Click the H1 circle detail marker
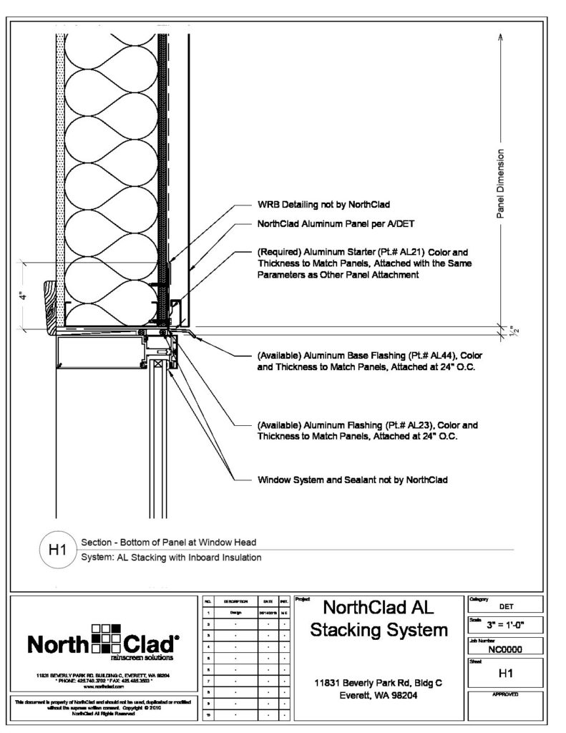click(57, 550)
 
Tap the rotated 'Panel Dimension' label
click(502, 183)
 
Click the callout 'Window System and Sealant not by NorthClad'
click(352, 480)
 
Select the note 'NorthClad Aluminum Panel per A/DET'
click(331, 224)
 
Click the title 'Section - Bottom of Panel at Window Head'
click(168, 543)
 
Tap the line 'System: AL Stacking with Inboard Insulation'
click(171, 557)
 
